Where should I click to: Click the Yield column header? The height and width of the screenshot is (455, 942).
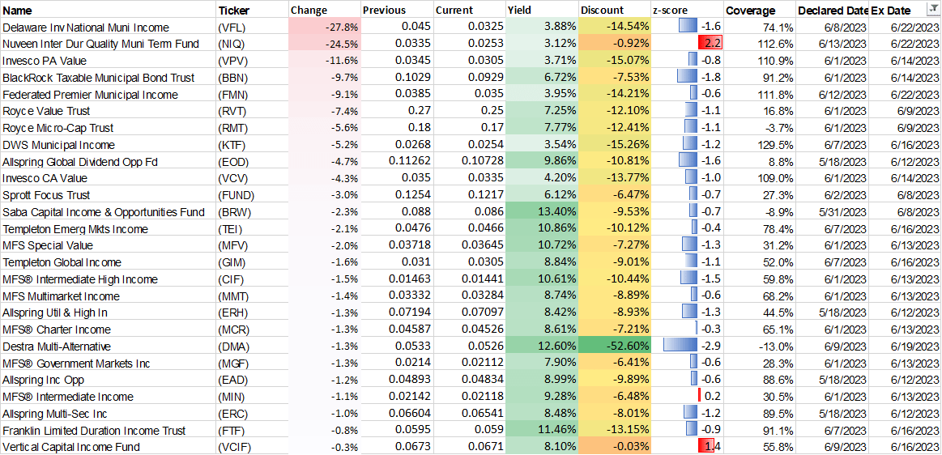pos(519,11)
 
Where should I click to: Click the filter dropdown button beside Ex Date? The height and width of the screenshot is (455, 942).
pos(931,10)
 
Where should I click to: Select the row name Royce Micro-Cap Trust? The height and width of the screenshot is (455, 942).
pos(58,128)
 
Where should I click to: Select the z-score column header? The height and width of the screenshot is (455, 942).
pos(670,11)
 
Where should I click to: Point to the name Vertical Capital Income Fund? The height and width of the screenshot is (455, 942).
pos(71,447)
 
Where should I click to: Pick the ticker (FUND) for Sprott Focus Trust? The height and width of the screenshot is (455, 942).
pos(237,195)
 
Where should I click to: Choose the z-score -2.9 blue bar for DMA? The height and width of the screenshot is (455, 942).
pos(680,347)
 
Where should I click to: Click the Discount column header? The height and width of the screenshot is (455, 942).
pos(602,11)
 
